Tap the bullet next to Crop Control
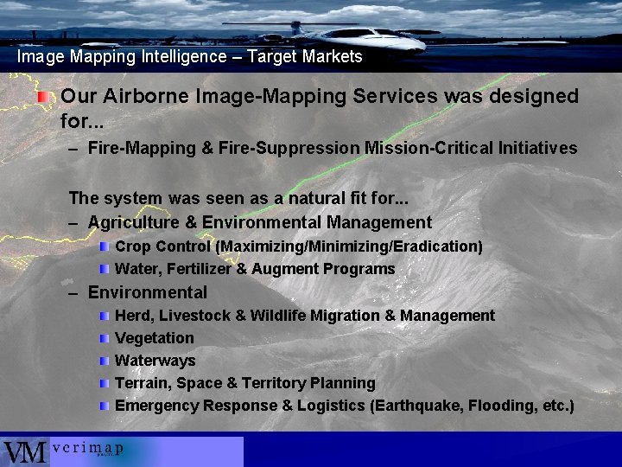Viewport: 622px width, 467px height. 104,246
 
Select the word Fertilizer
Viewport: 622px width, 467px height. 199,269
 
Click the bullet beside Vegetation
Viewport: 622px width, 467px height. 104,338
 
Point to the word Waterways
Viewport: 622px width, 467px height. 155,361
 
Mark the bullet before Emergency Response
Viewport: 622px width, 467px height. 104,406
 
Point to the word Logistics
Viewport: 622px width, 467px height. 331,406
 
